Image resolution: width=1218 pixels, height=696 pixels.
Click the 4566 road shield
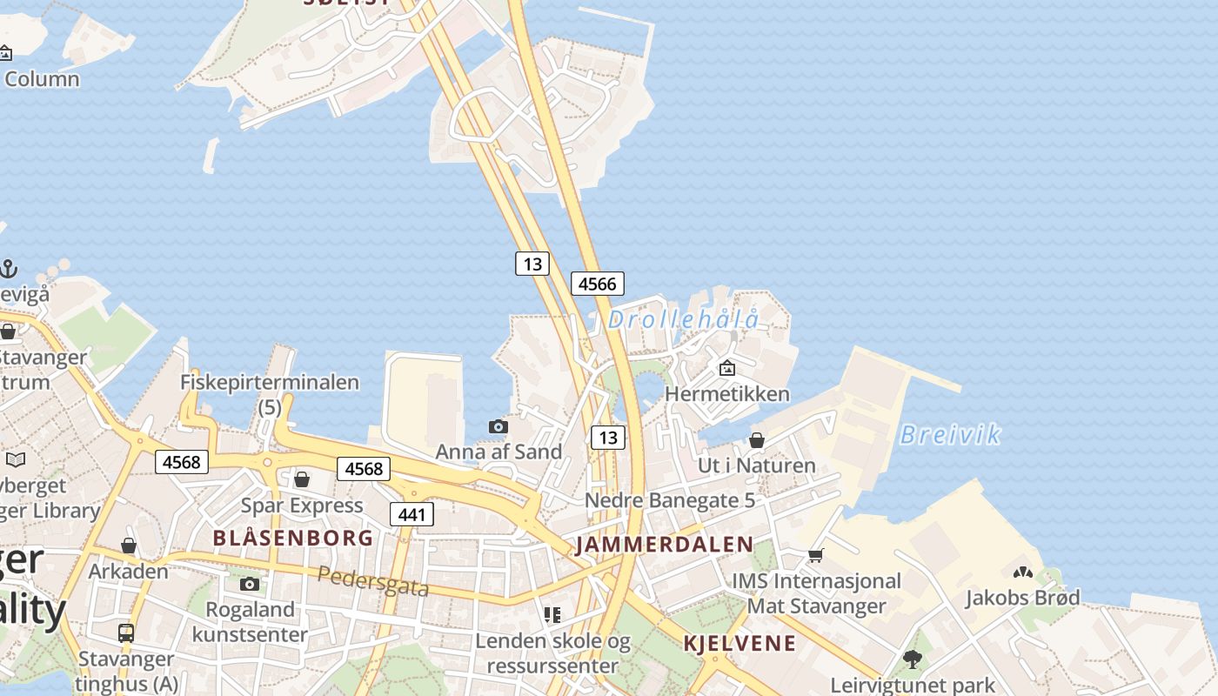click(x=598, y=284)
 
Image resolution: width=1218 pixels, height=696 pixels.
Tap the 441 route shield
click(x=412, y=514)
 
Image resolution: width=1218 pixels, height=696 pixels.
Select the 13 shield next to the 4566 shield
click(x=532, y=263)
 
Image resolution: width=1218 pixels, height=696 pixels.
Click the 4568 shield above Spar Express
click(x=364, y=469)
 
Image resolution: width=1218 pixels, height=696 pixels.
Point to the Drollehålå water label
click(x=683, y=319)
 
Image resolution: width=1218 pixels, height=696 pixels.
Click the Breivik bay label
click(x=950, y=434)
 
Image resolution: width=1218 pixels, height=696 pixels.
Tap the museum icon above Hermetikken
click(x=727, y=368)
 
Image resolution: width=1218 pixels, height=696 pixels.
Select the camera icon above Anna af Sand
click(x=499, y=426)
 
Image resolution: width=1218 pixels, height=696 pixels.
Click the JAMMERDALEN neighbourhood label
click(x=665, y=545)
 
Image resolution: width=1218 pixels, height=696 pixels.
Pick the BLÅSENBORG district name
click(x=293, y=538)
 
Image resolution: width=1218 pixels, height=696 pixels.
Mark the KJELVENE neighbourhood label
click(x=739, y=643)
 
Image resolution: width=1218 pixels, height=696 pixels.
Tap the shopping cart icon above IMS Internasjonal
click(x=815, y=555)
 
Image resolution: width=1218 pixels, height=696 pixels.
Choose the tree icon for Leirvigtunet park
click(x=912, y=659)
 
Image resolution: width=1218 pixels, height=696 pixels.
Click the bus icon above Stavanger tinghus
click(x=126, y=632)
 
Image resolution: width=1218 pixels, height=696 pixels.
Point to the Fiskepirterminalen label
click(x=269, y=382)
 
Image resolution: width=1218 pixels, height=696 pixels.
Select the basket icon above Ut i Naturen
click(x=757, y=440)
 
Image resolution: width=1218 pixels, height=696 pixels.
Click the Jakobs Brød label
click(x=1022, y=598)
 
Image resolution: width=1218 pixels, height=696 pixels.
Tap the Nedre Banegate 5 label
click(x=670, y=500)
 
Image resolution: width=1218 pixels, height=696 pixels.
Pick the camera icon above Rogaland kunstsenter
click(x=250, y=584)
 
